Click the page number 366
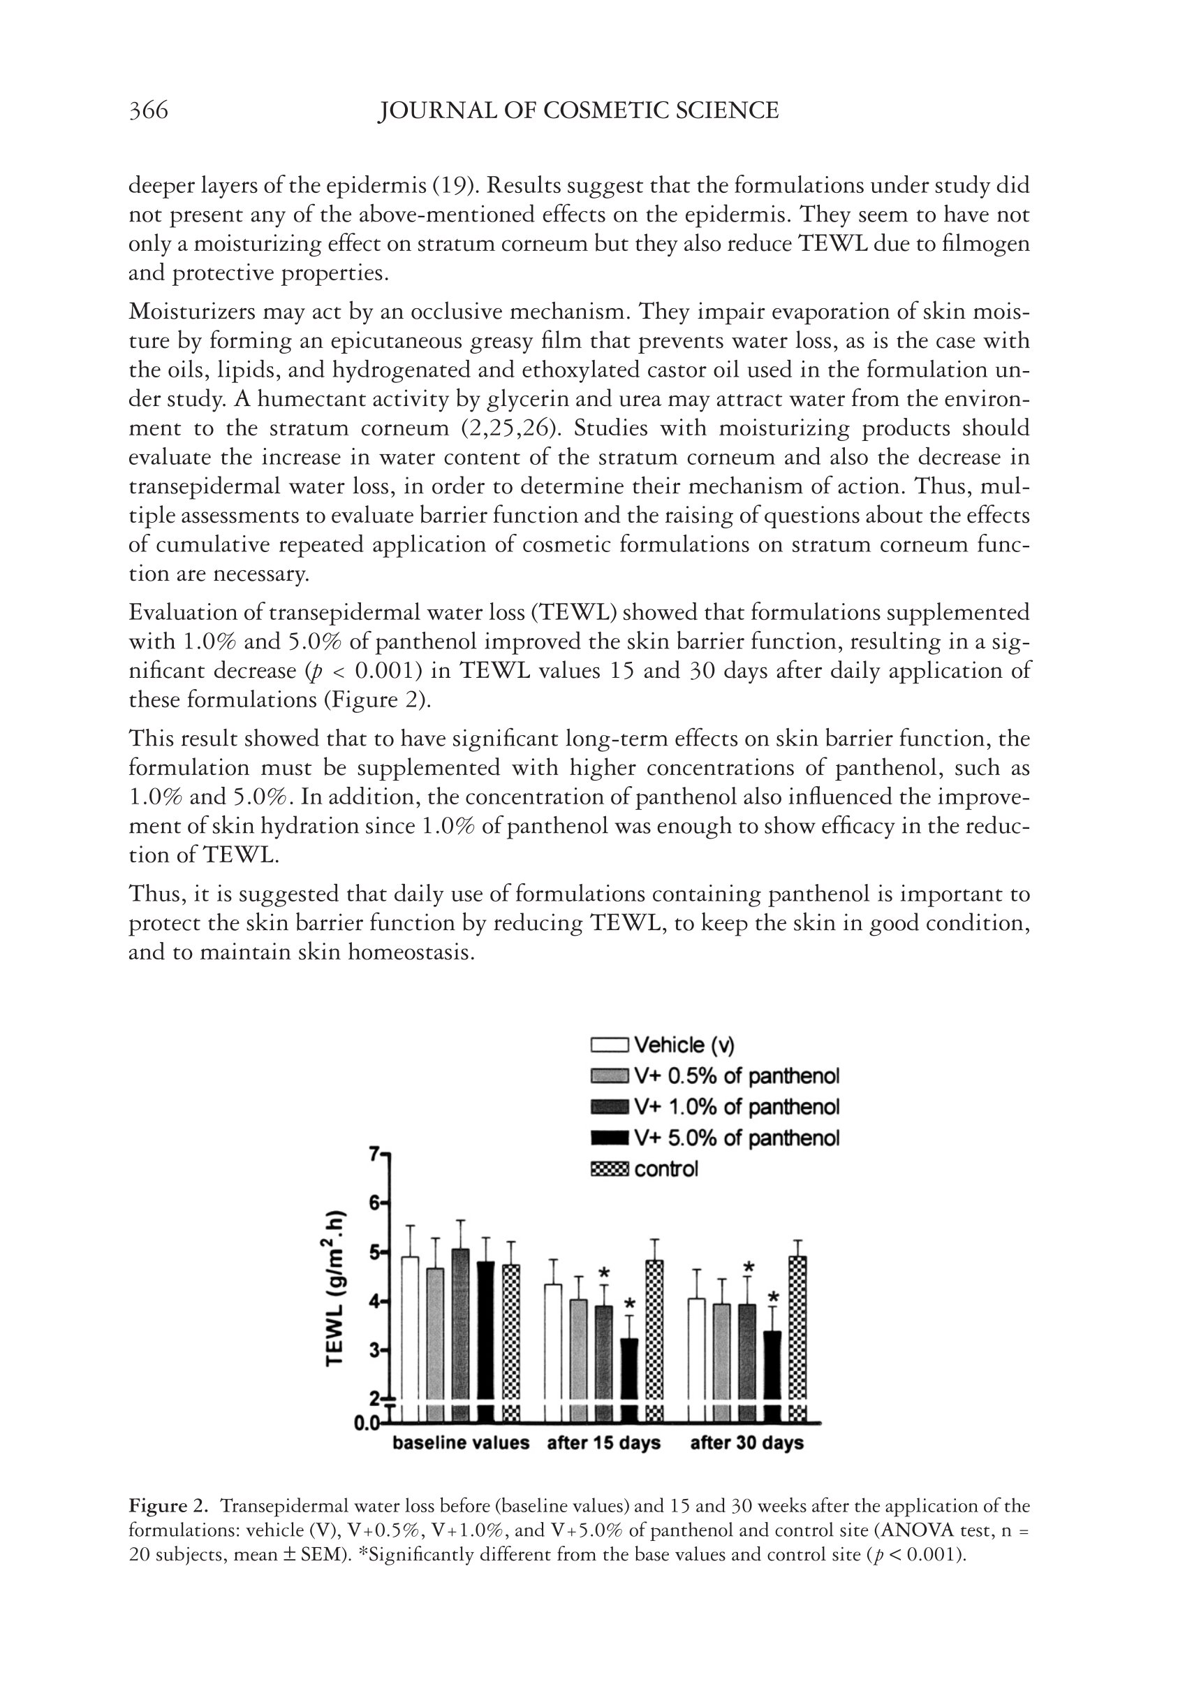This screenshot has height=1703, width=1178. point(148,111)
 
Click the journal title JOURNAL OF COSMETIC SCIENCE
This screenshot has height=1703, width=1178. point(578,111)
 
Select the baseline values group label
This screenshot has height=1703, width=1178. point(461,1443)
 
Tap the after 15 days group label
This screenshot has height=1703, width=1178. point(603,1443)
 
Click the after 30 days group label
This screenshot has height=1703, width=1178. point(746,1443)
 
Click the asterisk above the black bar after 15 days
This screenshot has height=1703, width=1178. point(630,1304)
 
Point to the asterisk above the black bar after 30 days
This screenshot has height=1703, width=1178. point(773,1297)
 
